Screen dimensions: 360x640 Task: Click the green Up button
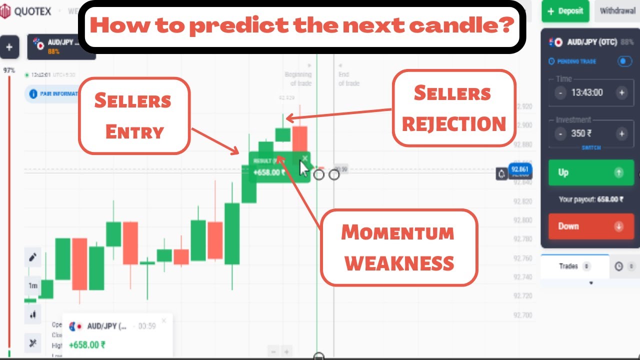tap(591, 172)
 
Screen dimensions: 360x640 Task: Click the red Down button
tap(591, 226)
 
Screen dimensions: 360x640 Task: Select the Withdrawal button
tap(617, 11)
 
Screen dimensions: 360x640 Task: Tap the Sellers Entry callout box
tap(134, 115)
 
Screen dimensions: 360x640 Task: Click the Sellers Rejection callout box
tap(453, 108)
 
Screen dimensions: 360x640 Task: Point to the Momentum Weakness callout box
tap(399, 247)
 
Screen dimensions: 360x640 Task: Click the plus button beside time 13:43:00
tap(621, 92)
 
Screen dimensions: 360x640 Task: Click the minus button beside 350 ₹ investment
tap(561, 133)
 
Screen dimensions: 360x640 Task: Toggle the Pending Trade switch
tap(624, 61)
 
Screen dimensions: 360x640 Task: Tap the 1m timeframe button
tap(33, 286)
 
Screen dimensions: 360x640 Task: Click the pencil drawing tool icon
tap(33, 257)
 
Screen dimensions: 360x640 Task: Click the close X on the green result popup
tap(304, 158)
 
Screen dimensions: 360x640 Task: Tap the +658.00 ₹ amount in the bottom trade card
tap(87, 345)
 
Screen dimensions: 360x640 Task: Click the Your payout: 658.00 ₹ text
tap(591, 199)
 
